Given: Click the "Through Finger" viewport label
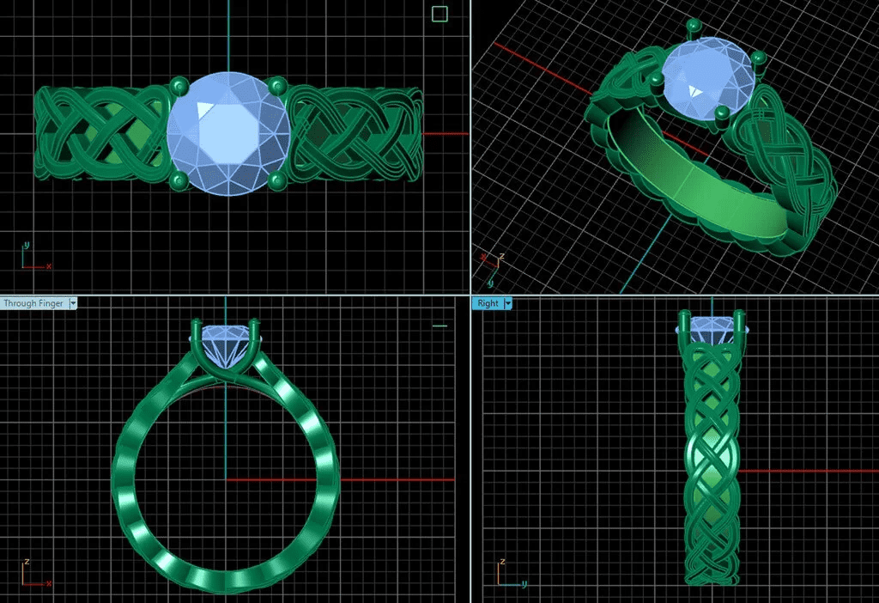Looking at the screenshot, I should [x=33, y=303].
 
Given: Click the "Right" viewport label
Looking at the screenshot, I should [x=487, y=303].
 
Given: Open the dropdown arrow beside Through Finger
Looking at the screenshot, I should [x=73, y=303].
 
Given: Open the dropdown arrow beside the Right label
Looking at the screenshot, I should [x=507, y=303].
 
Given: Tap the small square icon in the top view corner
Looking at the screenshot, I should [x=439, y=14].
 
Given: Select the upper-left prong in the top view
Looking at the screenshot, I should [x=179, y=85].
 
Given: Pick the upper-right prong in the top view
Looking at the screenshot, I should [x=276, y=85].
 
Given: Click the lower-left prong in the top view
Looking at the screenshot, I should [x=179, y=180].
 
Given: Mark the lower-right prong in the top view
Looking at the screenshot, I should [x=276, y=180].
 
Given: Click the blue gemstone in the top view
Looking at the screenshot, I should [x=227, y=133].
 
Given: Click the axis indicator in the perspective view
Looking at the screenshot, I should [x=488, y=262].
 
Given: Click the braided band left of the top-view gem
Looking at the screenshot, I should [x=99, y=133].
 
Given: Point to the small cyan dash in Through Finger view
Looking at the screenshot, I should [x=440, y=326].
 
